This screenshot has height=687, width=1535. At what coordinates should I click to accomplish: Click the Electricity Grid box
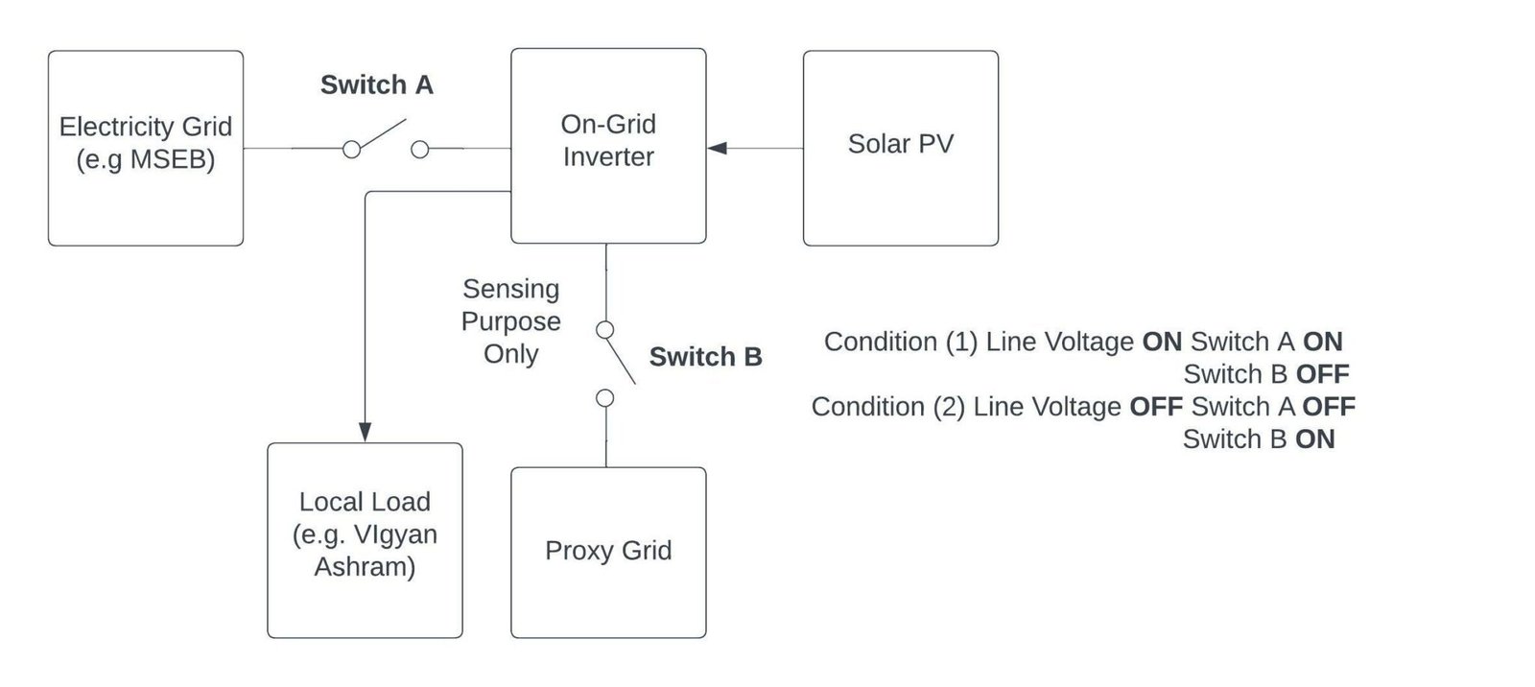145,148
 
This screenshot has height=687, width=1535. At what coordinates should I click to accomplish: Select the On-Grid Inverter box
608,145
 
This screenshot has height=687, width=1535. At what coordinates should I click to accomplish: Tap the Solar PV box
900,148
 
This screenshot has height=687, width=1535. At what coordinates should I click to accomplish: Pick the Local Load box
365,539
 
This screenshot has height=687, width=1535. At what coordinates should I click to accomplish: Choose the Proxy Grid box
608,552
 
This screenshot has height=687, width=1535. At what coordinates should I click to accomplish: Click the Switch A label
376,85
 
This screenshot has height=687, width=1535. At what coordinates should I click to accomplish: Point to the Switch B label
705,357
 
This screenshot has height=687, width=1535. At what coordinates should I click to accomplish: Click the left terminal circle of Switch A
352,150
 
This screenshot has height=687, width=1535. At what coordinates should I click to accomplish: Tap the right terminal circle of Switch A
419,150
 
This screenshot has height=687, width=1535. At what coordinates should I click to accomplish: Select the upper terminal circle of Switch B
605,330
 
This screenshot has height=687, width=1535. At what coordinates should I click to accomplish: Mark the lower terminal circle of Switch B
605,397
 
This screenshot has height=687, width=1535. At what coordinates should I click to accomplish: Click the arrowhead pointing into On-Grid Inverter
717,148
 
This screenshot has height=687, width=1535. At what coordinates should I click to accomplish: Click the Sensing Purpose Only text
510,321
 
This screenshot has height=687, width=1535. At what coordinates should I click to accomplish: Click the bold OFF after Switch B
1322,374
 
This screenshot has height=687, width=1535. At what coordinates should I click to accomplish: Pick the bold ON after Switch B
1314,439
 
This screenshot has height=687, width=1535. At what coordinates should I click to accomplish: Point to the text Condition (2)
887,407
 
